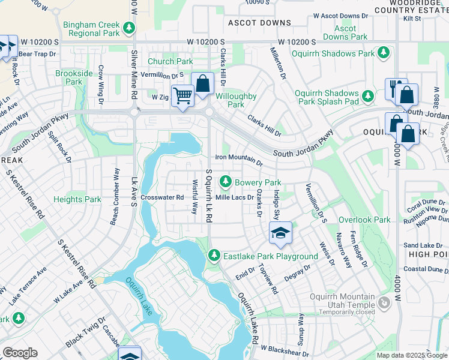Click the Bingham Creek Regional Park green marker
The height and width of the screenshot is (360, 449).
pos(128,28)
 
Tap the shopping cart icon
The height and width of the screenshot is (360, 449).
pos(182,95)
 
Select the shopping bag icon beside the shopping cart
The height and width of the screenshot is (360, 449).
pos(203,83)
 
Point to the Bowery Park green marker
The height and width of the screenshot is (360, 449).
pos(226,181)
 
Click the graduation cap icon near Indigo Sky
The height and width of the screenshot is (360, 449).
pos(280,233)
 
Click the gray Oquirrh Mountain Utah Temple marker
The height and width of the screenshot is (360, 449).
pos(383,304)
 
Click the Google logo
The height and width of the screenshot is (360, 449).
pos(20,353)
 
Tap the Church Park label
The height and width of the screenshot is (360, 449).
pos(170,61)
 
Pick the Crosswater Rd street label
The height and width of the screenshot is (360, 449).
pos(162,197)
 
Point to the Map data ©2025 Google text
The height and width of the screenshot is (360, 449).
pos(411,355)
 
